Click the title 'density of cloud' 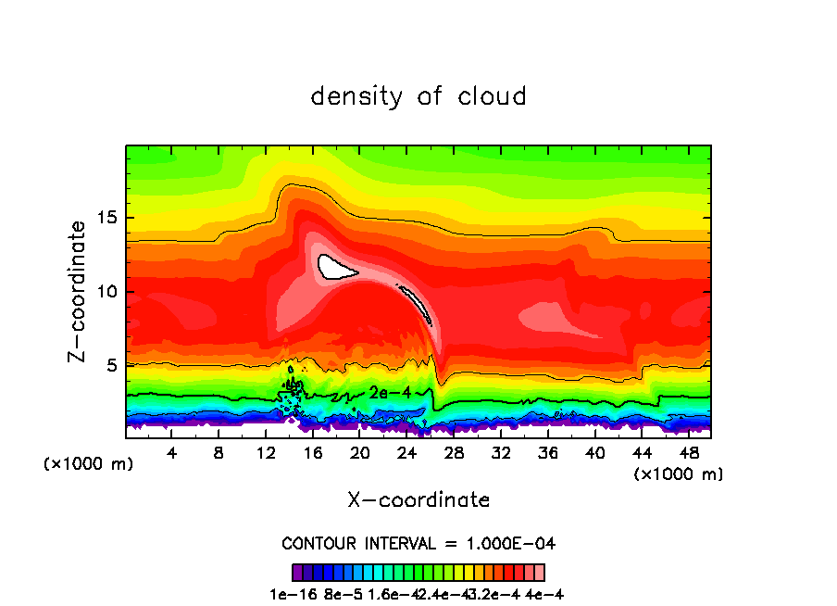tap(418, 95)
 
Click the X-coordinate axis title tap(418, 499)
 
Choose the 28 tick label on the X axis tap(454, 454)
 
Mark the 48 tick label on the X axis tap(689, 454)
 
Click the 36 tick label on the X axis tap(548, 454)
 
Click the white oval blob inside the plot tap(335, 267)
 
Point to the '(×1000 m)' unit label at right tap(679, 473)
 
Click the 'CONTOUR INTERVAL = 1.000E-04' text tap(418, 543)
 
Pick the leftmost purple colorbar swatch tap(297, 572)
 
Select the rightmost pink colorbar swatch tap(539, 572)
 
